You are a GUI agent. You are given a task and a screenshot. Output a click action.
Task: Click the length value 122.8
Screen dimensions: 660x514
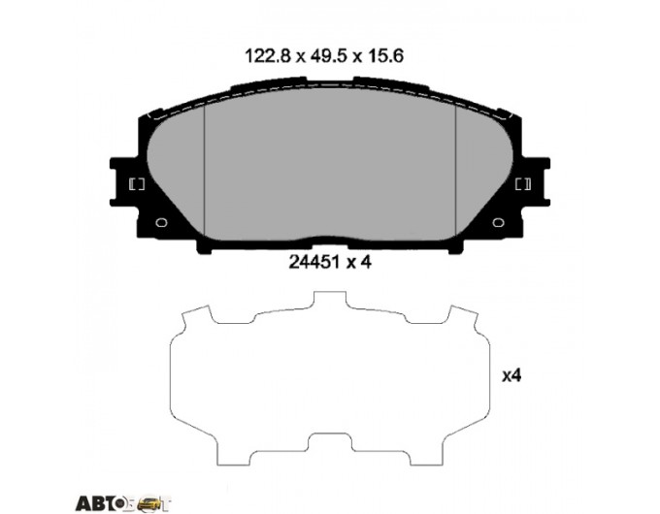click(268, 55)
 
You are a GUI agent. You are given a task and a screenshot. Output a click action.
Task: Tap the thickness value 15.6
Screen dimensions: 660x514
click(386, 55)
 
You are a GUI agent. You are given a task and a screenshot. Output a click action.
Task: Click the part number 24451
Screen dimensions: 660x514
click(314, 262)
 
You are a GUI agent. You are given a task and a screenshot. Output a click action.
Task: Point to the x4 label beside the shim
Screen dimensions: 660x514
click(511, 375)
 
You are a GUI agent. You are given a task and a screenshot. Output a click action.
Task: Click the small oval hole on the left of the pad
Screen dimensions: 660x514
click(161, 222)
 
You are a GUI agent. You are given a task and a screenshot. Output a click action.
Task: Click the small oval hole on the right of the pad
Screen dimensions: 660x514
click(498, 222)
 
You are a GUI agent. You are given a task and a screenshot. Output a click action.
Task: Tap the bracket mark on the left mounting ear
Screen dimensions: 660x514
click(137, 184)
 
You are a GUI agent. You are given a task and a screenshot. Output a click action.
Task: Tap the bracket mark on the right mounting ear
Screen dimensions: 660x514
click(523, 184)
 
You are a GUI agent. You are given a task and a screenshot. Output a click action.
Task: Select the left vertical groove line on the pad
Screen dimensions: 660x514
click(204, 171)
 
